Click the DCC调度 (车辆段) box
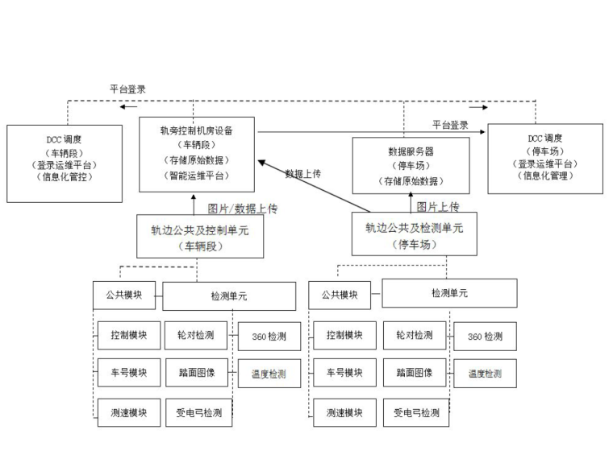click(65, 163)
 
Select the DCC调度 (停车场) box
click(545, 158)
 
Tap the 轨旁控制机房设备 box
click(197, 154)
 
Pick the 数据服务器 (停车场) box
click(411, 166)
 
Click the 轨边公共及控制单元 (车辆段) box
click(200, 237)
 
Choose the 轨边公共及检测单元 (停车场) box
click(414, 234)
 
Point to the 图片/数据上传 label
click(243, 209)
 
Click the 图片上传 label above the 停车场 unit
click(438, 207)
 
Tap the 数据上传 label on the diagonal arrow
click(303, 173)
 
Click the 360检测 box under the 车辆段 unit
click(269, 336)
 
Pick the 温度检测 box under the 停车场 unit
click(485, 374)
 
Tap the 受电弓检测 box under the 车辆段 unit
click(199, 413)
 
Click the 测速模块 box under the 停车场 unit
click(344, 413)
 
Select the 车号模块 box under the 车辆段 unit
click(129, 373)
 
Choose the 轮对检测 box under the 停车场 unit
click(415, 334)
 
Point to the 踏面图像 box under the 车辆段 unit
click(198, 373)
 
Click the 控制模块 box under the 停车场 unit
click(344, 334)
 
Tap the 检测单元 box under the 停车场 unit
click(449, 294)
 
